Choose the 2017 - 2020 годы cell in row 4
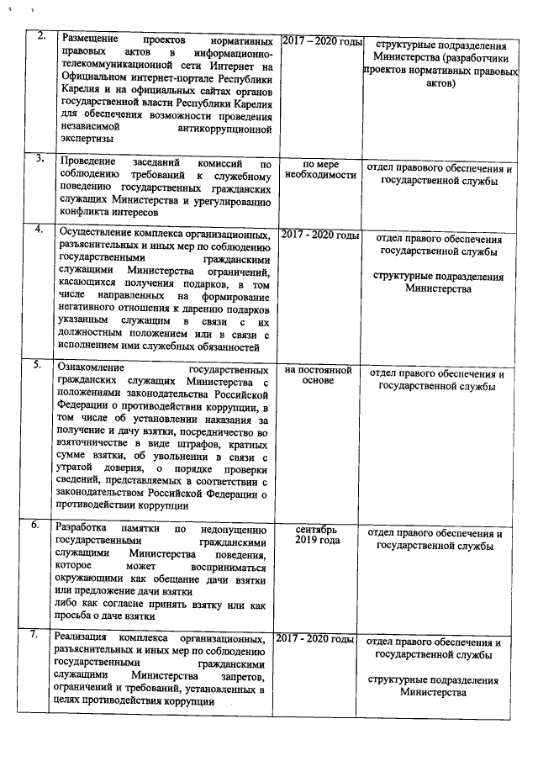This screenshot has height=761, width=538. (319, 235)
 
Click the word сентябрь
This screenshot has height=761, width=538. (317, 530)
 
